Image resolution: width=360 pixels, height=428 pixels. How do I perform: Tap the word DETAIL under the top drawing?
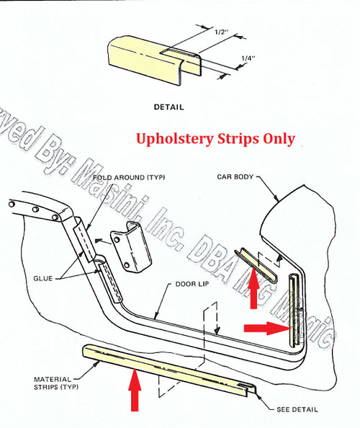point(169,107)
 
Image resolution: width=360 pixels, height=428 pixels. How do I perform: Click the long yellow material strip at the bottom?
point(166,368)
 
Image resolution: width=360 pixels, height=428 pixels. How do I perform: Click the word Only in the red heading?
point(279,138)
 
